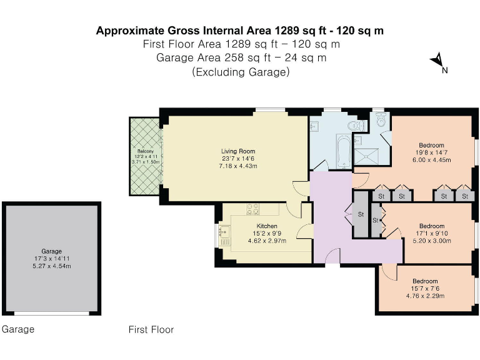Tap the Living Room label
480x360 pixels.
tap(238, 151)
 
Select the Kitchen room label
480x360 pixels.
tap(267, 226)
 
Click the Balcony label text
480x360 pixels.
tap(146, 151)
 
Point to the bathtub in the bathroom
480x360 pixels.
tap(344, 151)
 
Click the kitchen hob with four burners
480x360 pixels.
tap(253, 209)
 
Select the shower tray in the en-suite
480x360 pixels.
tap(366, 156)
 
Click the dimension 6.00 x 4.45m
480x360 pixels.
tap(432, 160)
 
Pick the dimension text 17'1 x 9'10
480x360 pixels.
tap(432, 233)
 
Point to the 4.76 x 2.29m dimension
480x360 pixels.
tap(425, 296)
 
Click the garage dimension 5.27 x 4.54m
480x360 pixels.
tap(52, 266)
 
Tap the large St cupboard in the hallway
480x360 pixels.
tap(361, 214)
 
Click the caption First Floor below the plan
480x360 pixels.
tap(151, 329)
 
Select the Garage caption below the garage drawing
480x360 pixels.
tap(18, 329)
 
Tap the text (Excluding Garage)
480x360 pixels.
tap(241, 72)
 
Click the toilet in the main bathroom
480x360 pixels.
tap(357, 126)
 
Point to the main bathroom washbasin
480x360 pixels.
tap(314, 126)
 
